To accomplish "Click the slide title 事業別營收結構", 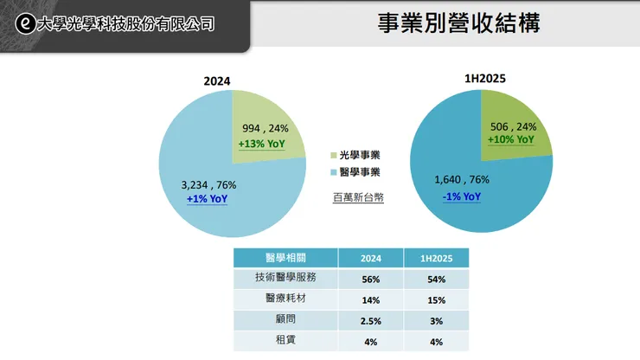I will click(458, 23).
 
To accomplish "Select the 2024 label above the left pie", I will click(216, 81).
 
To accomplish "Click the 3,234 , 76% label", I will click(208, 184).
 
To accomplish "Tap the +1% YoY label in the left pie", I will click(208, 199).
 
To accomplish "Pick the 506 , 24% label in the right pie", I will click(513, 125).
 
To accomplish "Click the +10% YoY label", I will click(511, 139).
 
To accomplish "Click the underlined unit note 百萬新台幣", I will click(357, 197).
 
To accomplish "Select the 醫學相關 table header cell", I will click(285, 258).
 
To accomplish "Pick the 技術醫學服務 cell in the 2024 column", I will click(369, 279).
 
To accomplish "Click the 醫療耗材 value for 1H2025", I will click(436, 299).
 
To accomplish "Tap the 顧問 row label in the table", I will click(285, 320).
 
